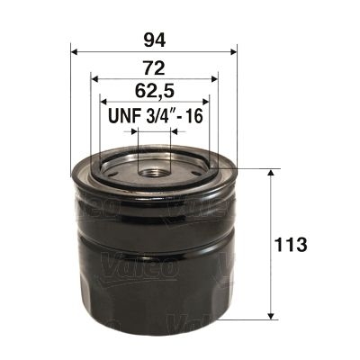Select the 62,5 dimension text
pyautogui.click(x=153, y=92)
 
